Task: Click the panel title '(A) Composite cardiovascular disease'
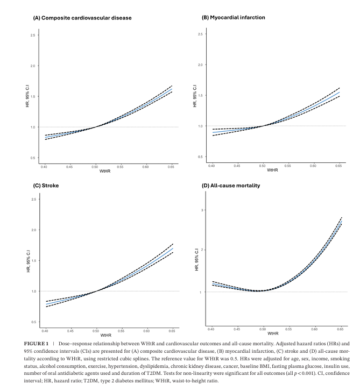tap(82, 18)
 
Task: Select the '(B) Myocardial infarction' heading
tap(233, 17)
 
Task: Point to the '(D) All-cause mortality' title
tap(230, 186)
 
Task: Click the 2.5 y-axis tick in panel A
tap(34, 35)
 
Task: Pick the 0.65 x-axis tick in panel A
tap(171, 167)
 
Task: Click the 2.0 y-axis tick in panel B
tap(200, 65)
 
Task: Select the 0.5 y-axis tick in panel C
tap(34, 322)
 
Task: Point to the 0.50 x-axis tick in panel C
tap(96, 331)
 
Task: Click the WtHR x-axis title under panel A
tap(106, 172)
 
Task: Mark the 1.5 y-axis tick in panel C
tap(34, 261)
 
